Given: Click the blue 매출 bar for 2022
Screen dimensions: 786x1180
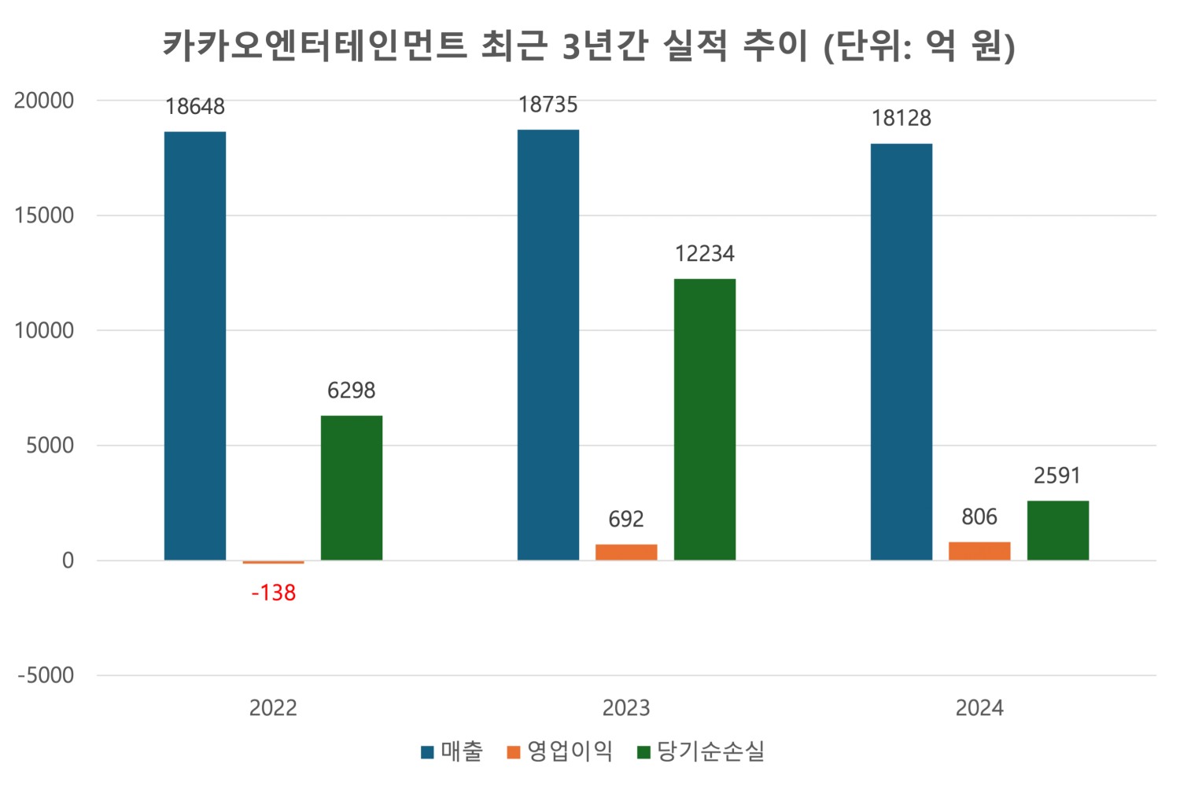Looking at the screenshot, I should click(195, 346).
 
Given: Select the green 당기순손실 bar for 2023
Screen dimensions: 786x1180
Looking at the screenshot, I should click(705, 420).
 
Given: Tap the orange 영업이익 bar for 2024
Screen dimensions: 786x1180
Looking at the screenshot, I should click(979, 551).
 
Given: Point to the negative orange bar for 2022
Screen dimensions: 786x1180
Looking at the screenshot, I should click(273, 562).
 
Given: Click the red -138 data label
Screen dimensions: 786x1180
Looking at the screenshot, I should click(274, 593).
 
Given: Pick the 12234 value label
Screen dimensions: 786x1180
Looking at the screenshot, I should click(705, 254).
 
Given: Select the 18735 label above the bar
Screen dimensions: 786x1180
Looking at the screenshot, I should click(548, 105).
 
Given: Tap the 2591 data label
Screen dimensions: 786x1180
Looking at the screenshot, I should click(1057, 476).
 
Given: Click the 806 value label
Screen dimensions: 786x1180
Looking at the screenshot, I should click(979, 517).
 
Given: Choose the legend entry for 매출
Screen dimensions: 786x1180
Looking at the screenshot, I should click(452, 751).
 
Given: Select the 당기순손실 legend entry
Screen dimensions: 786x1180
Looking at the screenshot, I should click(701, 751).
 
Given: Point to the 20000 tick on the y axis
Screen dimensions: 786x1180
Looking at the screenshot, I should click(44, 101).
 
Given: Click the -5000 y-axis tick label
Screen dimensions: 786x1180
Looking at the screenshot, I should click(46, 675).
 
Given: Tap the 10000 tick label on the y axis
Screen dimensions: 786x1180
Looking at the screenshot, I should click(44, 330).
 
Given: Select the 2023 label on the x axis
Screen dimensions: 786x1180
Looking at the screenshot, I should click(626, 708).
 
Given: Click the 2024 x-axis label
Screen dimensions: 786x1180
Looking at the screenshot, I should click(979, 708).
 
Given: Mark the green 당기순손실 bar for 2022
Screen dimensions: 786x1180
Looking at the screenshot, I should click(352, 488).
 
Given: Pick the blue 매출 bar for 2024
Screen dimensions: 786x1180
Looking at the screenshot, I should click(902, 352).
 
